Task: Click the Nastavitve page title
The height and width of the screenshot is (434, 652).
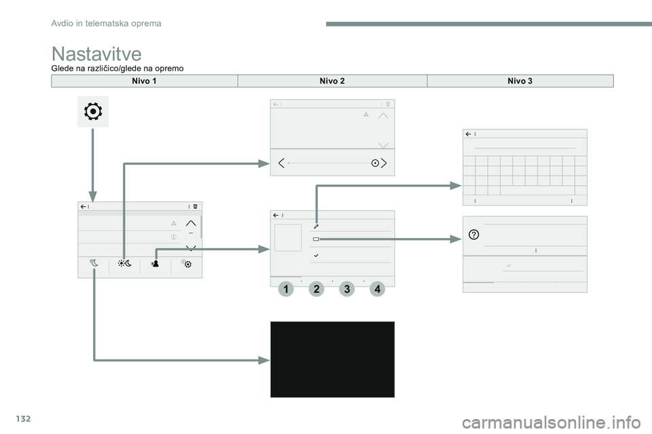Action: pyautogui.click(x=96, y=54)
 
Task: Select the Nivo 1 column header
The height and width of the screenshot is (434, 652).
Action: pyautogui.click(x=144, y=81)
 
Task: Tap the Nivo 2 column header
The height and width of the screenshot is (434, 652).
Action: pyautogui.click(x=332, y=81)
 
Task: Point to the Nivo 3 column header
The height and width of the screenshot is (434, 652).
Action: pyautogui.click(x=520, y=81)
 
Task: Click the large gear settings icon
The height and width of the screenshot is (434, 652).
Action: pyautogui.click(x=93, y=112)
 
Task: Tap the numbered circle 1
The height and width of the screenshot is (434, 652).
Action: pyautogui.click(x=286, y=289)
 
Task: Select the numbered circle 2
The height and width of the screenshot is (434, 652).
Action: pyautogui.click(x=316, y=289)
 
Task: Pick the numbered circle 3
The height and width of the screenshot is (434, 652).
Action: pyautogui.click(x=347, y=289)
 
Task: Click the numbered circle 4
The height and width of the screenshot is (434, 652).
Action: pyautogui.click(x=377, y=289)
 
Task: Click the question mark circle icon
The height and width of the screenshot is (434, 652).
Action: pyautogui.click(x=473, y=235)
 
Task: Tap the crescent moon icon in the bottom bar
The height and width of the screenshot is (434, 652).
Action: pyautogui.click(x=94, y=263)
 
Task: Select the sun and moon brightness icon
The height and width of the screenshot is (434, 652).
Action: pyautogui.click(x=124, y=263)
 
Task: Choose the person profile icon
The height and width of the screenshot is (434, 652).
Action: pyautogui.click(x=155, y=263)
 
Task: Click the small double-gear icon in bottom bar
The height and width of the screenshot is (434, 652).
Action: pyautogui.click(x=186, y=263)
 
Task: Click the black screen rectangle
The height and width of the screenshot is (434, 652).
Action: pyautogui.click(x=332, y=359)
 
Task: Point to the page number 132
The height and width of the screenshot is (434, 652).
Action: pyautogui.click(x=24, y=418)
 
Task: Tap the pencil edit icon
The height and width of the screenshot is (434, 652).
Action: pyautogui.click(x=316, y=226)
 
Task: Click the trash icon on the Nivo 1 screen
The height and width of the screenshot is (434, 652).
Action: pyautogui.click(x=195, y=206)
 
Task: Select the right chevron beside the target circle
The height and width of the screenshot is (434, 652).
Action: pyautogui.click(x=384, y=163)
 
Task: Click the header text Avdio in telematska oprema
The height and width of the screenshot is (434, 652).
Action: pyautogui.click(x=106, y=24)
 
